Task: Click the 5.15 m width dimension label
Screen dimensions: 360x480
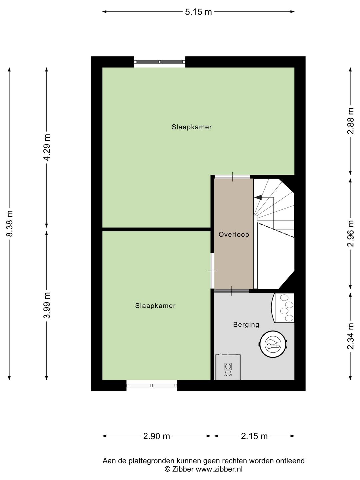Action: pos(198,12)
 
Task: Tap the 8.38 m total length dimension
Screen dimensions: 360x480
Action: pos(10,223)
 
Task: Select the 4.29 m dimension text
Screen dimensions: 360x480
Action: pos(47,147)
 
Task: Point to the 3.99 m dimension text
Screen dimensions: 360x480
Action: pos(47,305)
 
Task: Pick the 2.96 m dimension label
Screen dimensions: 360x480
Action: pos(351,233)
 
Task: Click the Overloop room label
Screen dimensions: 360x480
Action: pos(234,235)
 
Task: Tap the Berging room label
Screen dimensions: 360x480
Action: pos(246,325)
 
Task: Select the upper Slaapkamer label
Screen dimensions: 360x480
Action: pos(192,127)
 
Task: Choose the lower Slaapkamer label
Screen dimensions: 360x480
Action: pos(155,306)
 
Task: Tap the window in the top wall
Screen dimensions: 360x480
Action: pos(160,62)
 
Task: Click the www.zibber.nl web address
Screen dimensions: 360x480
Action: pos(219,469)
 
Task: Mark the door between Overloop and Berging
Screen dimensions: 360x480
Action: pos(232,291)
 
